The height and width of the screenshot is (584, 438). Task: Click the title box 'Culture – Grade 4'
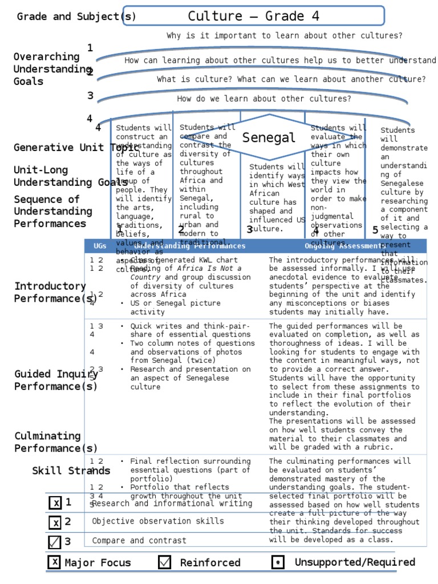(253, 16)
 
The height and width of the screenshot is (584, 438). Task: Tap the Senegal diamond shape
(269, 137)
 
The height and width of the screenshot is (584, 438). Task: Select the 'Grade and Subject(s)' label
(76, 17)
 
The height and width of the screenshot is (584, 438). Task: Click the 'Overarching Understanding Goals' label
(51, 69)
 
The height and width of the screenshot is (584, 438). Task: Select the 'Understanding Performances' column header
(190, 246)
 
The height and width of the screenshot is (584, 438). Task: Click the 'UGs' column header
(100, 246)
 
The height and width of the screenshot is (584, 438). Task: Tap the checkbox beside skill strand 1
(55, 503)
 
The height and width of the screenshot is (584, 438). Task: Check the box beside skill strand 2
(55, 522)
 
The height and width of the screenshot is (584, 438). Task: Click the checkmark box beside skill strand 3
(55, 542)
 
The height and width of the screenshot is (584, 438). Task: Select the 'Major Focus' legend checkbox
(54, 562)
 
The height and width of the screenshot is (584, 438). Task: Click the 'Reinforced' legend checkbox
(165, 562)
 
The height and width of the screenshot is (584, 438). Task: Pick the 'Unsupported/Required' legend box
(278, 562)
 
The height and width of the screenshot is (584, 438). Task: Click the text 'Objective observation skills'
(158, 521)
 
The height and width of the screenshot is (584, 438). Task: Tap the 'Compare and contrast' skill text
(139, 541)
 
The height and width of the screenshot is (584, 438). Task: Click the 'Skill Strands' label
(71, 471)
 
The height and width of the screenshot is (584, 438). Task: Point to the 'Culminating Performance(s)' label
(56, 442)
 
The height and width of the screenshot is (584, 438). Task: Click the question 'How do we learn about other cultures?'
(264, 99)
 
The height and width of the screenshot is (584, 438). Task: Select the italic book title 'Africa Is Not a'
(209, 269)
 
